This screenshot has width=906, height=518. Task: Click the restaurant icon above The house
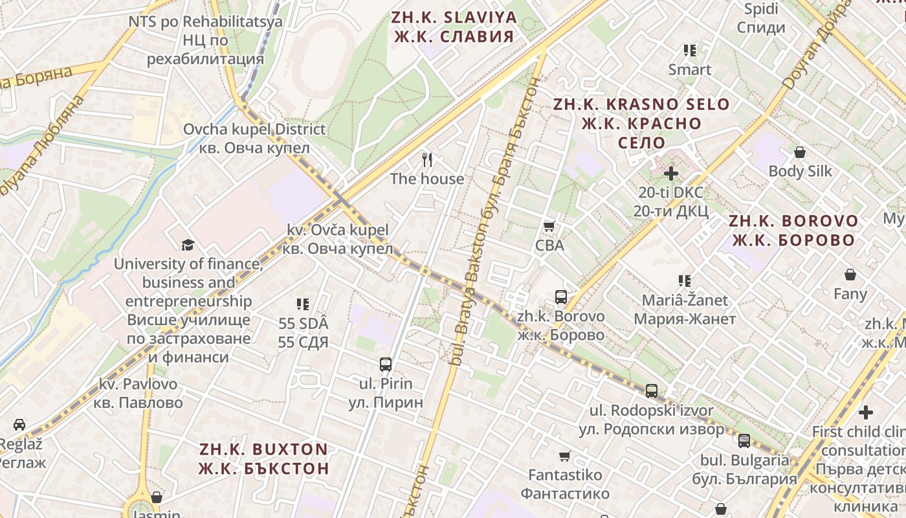426,159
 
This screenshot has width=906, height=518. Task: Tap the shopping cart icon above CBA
549,226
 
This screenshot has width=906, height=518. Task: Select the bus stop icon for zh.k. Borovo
560,297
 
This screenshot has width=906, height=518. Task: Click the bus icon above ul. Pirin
386,364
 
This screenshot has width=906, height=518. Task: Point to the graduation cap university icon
188,245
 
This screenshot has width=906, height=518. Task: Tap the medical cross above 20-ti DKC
671,173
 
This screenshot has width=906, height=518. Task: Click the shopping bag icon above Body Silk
800,152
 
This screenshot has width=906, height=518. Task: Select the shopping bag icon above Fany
850,275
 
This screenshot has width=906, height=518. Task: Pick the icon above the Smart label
690,50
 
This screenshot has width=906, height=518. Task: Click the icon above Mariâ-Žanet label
685,280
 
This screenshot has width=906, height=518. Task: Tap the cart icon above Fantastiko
565,456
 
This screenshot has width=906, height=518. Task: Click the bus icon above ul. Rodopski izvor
651,391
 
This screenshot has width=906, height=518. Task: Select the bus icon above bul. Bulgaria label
744,441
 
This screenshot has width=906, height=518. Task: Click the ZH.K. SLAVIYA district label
454,27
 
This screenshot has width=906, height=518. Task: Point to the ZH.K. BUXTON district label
263,458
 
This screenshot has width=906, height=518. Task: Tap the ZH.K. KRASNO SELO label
641,123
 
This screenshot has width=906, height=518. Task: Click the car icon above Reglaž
19,425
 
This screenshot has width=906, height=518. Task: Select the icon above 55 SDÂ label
302,304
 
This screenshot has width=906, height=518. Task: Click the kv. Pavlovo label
138,393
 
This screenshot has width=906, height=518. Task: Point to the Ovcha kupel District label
254,138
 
